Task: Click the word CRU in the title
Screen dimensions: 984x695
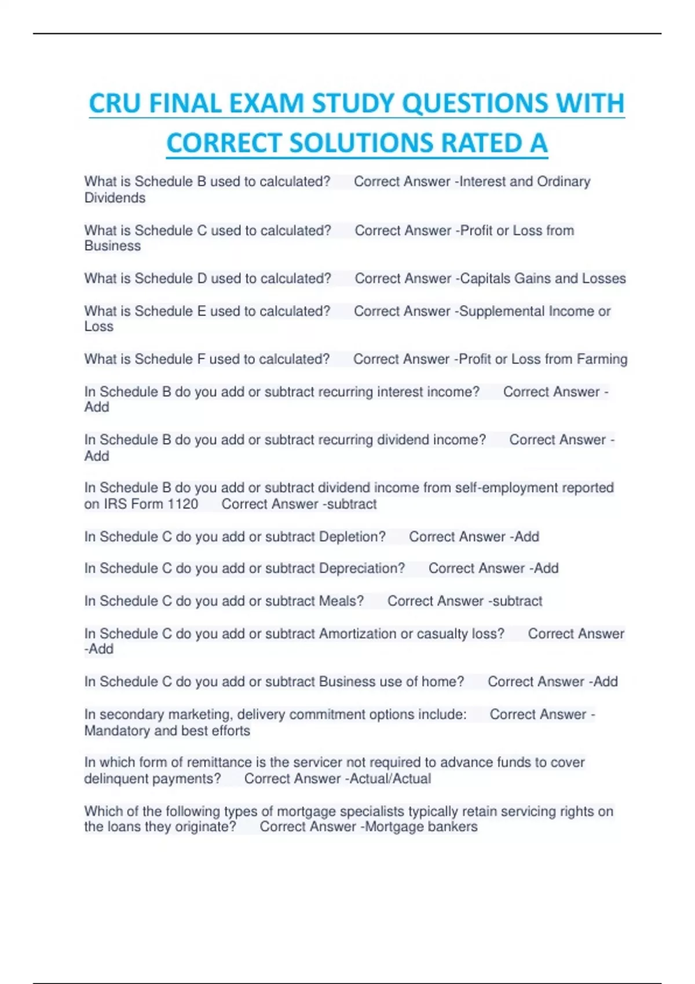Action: [114, 104]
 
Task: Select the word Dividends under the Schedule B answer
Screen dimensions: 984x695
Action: [115, 198]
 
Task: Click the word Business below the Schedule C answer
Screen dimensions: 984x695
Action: [112, 246]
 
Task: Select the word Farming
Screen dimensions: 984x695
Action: [602, 359]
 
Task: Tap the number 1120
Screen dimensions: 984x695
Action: [182, 504]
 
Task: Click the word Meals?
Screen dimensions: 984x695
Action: [341, 601]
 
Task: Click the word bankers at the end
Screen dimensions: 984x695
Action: [453, 827]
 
